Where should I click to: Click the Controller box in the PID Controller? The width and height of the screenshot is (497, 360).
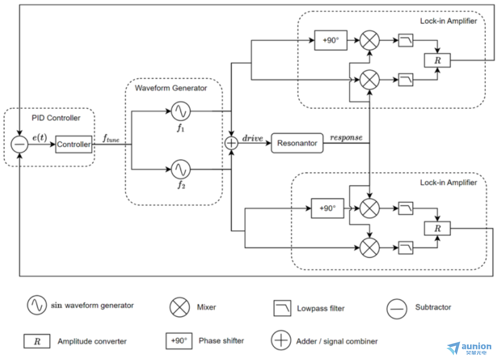[x=74, y=144]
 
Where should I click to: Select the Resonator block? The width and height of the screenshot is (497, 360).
[x=297, y=143]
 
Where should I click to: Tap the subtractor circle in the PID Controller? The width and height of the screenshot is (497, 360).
[x=19, y=144]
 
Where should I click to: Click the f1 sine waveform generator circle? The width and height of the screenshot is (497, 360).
[x=180, y=111]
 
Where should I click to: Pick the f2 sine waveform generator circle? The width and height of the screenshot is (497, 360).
[x=180, y=170]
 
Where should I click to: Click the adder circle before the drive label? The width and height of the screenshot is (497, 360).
[x=231, y=143]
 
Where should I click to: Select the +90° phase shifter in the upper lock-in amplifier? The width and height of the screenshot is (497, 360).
[x=330, y=40]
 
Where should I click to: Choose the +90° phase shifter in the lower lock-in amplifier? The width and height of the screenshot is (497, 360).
[x=328, y=209]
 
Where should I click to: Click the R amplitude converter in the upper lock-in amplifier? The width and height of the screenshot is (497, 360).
[x=437, y=60]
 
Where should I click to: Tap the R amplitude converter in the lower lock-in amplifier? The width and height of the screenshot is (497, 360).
[x=437, y=228]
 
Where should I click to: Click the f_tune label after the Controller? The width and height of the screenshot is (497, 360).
[x=110, y=138]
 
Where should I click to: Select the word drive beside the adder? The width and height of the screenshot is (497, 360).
[x=252, y=138]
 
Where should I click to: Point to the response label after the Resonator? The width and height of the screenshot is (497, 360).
[x=346, y=138]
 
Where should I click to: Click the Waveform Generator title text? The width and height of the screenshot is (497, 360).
[x=171, y=88]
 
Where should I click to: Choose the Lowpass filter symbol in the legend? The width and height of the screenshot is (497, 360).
[x=282, y=308]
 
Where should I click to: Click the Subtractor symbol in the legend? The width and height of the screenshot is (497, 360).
[x=396, y=308]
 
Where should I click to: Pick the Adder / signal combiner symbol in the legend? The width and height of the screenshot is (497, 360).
[x=281, y=341]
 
